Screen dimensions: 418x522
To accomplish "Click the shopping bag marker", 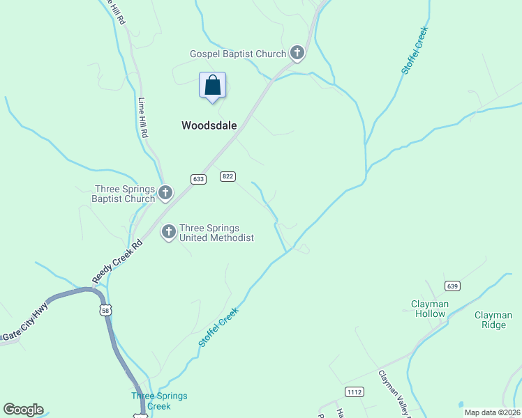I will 213,86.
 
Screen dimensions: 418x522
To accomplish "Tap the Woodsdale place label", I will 209,126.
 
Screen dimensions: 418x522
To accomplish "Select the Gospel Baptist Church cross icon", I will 297,53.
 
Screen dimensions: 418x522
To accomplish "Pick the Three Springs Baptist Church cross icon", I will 165,192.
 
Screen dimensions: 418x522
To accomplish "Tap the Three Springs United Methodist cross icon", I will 168,231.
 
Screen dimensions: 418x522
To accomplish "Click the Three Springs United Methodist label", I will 216,233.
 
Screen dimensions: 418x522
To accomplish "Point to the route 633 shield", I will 198,179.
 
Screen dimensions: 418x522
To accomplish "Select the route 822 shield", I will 227,176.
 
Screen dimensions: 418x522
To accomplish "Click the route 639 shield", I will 453,286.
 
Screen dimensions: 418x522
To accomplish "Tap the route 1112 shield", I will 355,392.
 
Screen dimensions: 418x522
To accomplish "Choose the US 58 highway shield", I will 105,310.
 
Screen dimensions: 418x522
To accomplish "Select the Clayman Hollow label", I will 428,309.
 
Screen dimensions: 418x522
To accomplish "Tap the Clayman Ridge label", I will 493,320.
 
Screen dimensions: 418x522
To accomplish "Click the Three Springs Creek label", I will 159,401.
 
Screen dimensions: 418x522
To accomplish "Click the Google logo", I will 23,410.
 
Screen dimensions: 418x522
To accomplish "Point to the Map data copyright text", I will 492,412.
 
